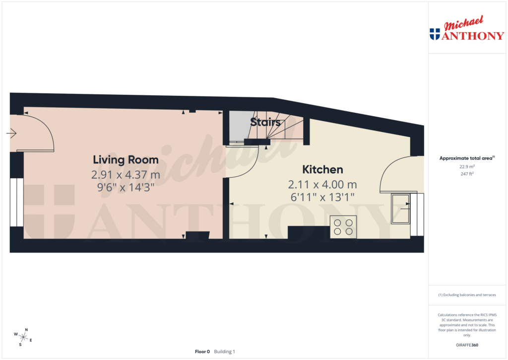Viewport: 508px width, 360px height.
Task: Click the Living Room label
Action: coord(126,160)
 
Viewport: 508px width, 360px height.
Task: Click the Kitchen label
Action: coord(322,169)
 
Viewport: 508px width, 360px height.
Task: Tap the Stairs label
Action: coord(265,122)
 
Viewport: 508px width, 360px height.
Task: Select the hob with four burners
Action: coord(343,227)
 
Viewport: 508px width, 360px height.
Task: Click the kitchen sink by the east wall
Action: coord(401,209)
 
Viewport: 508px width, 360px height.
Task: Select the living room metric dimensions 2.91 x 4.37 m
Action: coord(126,174)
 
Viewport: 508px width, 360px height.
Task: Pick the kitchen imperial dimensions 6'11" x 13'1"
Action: coord(322,197)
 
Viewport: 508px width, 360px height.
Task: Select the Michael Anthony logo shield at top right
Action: coord(435,34)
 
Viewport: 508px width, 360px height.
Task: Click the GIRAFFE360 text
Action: coord(466,345)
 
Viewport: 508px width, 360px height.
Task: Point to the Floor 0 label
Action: coord(202,352)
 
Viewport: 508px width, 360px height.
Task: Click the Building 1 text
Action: coord(225,352)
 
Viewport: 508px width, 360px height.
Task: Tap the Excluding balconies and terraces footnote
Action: coord(466,295)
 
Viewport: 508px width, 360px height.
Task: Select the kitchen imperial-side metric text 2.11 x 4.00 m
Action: coord(322,185)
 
